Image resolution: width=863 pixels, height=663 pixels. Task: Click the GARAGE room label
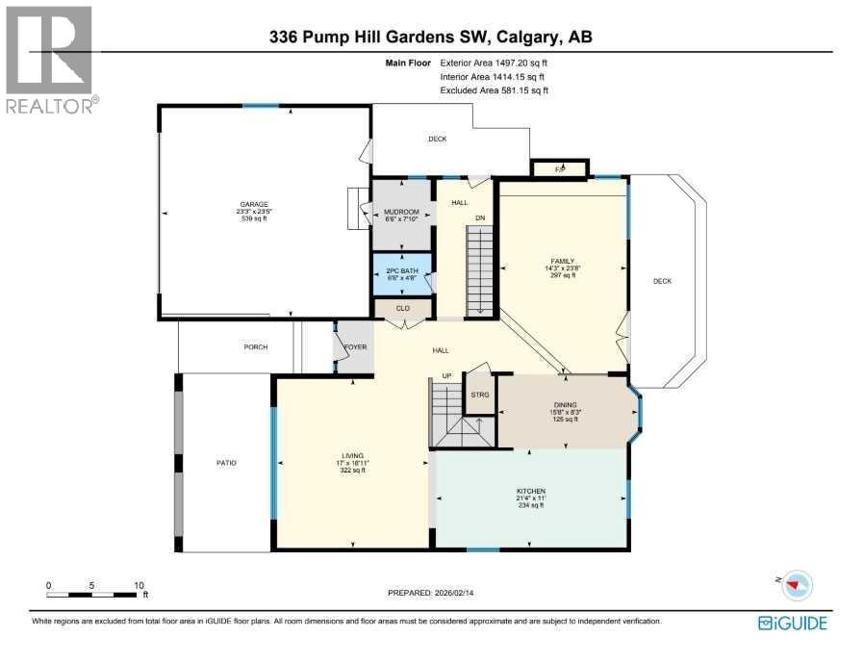point(255,204)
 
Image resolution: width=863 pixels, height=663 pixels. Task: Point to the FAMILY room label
point(562,261)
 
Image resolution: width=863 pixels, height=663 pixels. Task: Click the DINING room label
point(566,406)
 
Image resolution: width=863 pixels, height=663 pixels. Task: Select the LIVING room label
point(350,457)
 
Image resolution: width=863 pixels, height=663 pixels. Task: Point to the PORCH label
point(255,347)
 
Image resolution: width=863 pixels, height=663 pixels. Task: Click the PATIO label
point(226,463)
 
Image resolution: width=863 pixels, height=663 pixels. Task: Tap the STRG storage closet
point(479,395)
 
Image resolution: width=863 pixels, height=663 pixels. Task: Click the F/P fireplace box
point(561,169)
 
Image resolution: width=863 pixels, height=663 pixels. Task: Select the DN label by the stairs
point(479,217)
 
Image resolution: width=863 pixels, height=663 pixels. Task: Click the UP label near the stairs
point(446,375)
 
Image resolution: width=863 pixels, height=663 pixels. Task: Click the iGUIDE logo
point(793,623)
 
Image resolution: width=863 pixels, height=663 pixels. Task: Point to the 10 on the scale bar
point(139,584)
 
